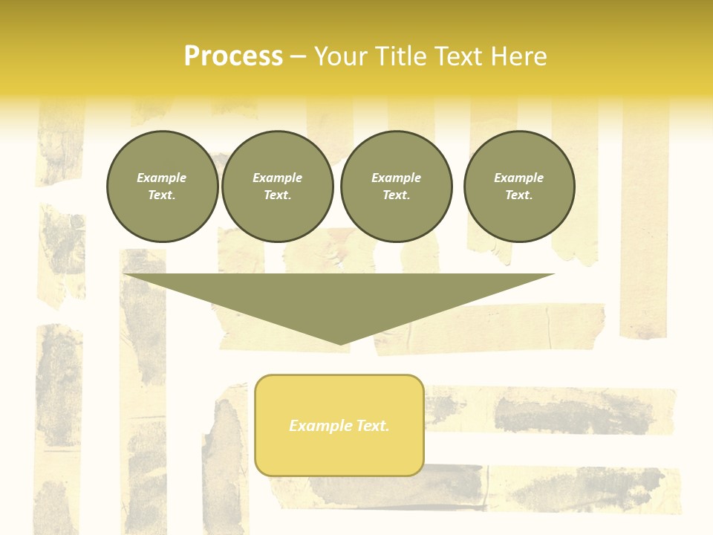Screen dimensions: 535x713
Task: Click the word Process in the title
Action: (x=233, y=56)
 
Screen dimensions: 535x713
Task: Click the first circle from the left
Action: (x=163, y=187)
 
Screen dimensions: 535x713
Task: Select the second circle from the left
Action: (x=278, y=187)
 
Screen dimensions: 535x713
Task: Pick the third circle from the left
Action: (x=397, y=187)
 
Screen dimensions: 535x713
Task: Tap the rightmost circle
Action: (x=519, y=187)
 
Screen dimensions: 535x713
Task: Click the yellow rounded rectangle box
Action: (x=339, y=425)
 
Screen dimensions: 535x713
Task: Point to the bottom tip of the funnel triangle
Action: (x=340, y=343)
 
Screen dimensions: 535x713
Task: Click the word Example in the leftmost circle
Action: (x=162, y=178)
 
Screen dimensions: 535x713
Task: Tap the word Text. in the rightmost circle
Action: (x=518, y=195)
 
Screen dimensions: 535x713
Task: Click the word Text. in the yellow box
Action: (x=372, y=426)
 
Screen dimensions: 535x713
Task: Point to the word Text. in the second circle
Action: (x=277, y=195)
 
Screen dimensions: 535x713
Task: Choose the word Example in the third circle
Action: (x=396, y=178)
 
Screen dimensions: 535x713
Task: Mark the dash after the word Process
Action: (x=298, y=56)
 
